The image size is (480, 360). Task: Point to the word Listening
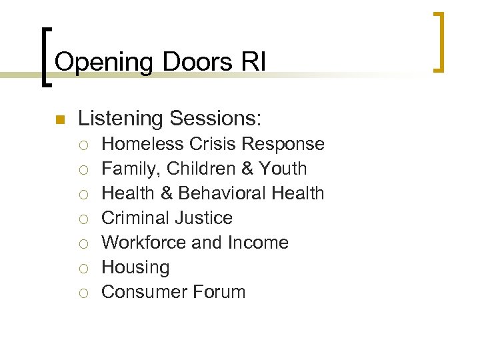(121, 119)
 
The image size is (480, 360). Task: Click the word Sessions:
(216, 119)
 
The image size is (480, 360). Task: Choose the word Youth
(283, 169)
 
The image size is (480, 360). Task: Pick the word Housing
(135, 268)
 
